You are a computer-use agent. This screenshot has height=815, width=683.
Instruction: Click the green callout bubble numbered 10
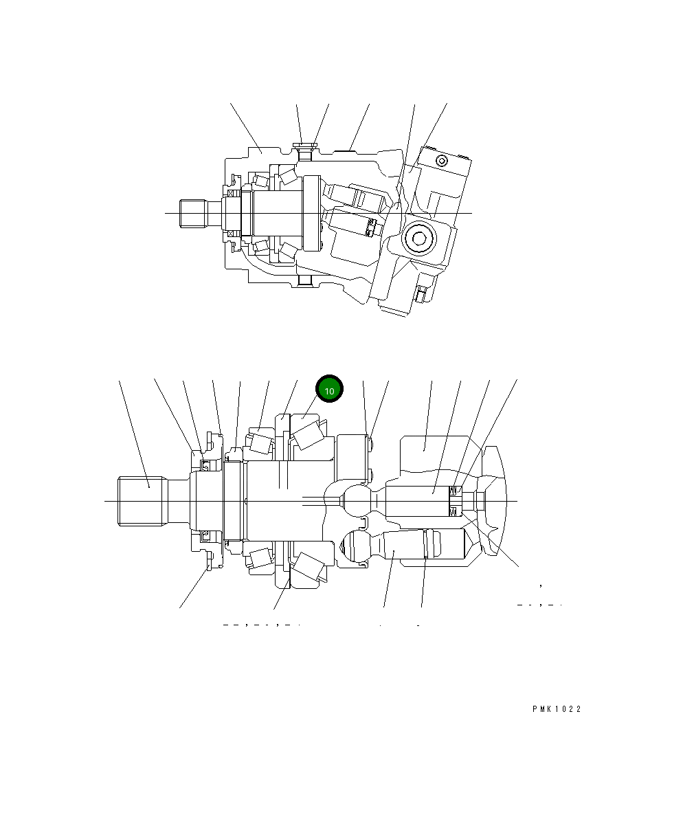pos(329,390)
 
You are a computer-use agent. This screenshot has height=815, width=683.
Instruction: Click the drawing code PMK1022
pos(556,709)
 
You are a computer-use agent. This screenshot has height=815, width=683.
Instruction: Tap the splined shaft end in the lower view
pos(143,501)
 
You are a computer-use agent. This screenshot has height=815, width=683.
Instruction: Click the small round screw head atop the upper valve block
pos(441,161)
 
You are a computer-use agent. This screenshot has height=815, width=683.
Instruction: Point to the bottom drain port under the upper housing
pos(304,282)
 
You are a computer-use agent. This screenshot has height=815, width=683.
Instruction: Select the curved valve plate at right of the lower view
pos(496,500)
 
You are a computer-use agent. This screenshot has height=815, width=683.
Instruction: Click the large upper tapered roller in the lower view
pos(308,435)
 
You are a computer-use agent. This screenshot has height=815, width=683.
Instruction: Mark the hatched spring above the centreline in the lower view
pos(454,491)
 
